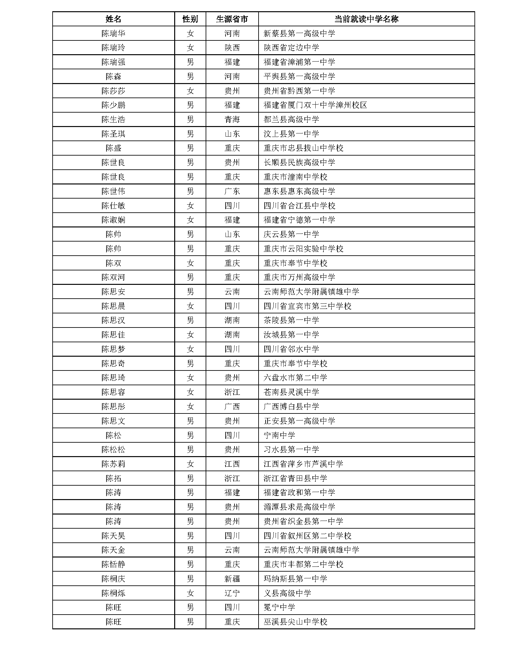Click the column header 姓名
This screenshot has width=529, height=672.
[113, 19]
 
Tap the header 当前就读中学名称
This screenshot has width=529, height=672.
[366, 19]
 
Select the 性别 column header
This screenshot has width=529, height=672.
[190, 19]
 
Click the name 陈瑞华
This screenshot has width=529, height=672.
[113, 33]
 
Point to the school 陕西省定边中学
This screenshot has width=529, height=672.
[291, 48]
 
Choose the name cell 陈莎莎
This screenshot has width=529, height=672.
[113, 91]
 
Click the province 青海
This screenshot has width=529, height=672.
[232, 120]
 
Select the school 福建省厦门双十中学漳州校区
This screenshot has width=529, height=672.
[315, 105]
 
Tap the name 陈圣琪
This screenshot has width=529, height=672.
[113, 134]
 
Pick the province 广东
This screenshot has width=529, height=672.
[232, 191]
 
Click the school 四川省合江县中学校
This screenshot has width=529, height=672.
[299, 206]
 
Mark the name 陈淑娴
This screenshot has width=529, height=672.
[113, 220]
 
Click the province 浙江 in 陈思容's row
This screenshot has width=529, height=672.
[232, 392]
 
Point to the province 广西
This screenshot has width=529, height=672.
[232, 406]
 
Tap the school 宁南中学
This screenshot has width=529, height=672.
[279, 435]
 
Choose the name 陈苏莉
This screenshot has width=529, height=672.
[113, 464]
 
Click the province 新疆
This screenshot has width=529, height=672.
[232, 579]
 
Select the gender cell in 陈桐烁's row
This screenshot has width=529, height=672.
[190, 593]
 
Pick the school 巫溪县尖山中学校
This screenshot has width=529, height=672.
[295, 622]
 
